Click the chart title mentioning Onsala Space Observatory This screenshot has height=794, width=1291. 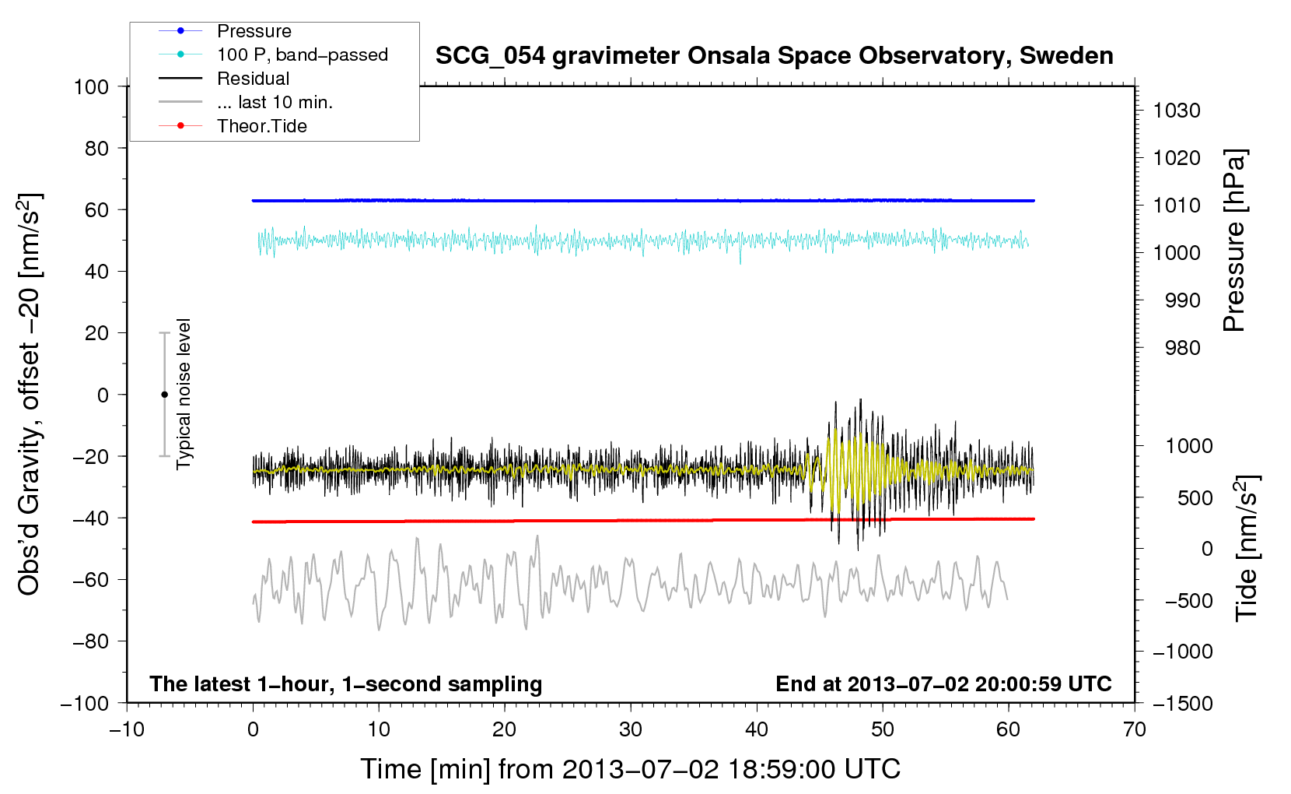coord(774,56)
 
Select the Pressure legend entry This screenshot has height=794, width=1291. coord(254,31)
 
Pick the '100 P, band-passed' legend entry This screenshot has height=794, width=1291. coord(302,54)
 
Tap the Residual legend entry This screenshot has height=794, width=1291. coord(253,79)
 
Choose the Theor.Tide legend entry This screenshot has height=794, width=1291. coord(261,126)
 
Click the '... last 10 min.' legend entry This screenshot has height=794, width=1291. coord(275,102)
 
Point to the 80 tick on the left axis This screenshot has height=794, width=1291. coord(97,148)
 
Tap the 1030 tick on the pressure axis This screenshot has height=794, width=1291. coord(1177,111)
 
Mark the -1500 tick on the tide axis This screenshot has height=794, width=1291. coord(1183,703)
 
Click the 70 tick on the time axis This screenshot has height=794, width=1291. coord(1135,729)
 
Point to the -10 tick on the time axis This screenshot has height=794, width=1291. coord(127,729)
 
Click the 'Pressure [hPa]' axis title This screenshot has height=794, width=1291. coord(1234,241)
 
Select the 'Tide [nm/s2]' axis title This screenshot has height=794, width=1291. coord(1247,549)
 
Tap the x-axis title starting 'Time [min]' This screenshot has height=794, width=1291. coord(630,769)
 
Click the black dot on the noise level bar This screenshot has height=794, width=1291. coord(164,395)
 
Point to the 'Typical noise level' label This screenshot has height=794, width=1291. coord(184,394)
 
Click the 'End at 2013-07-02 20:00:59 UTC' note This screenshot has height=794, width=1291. coord(943,683)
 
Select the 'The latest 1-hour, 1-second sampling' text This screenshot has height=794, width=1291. coord(346,683)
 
